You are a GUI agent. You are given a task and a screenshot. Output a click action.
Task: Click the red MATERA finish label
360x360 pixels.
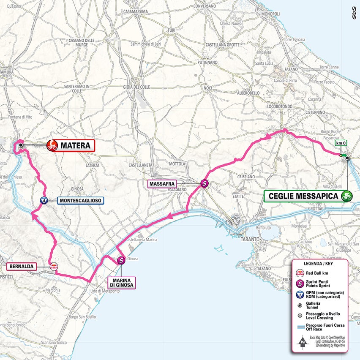75,146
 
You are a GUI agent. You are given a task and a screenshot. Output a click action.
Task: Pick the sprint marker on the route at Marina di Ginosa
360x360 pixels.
121,261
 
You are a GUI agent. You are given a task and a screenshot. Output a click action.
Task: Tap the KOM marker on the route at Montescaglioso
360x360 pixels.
43,201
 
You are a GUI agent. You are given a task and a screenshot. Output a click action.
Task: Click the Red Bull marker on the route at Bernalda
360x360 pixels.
54,267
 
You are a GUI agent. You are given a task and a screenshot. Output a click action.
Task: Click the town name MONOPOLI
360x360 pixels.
270,14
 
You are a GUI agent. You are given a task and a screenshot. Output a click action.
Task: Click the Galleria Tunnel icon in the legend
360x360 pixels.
300,305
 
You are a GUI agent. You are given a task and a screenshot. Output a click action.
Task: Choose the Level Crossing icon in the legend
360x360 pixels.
300,315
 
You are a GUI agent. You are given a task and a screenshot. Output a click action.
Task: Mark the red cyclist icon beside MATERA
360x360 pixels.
52,146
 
